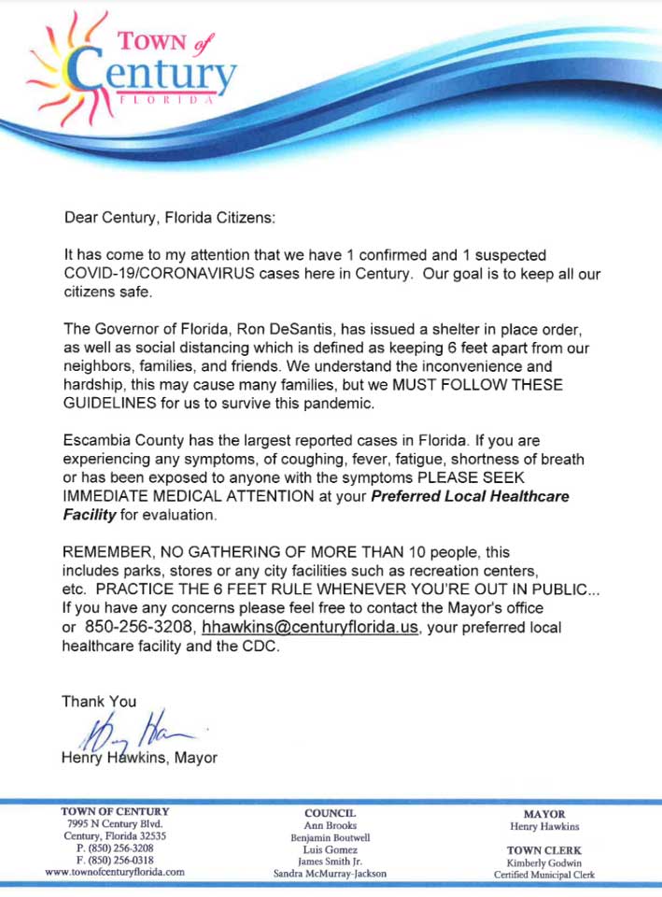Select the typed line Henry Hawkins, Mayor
(x=139, y=758)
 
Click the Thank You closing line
(x=99, y=701)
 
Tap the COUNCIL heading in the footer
(x=331, y=814)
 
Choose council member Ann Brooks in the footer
(x=331, y=826)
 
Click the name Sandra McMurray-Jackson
(x=331, y=873)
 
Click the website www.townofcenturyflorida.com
(x=115, y=871)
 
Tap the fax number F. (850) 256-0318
(x=115, y=860)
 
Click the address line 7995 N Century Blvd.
(x=115, y=824)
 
